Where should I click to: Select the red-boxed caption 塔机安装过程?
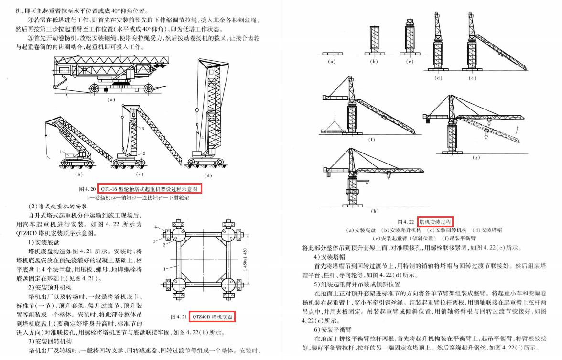435,221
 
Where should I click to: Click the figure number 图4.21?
179,317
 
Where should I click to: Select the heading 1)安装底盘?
44,241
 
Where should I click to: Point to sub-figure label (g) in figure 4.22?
476,157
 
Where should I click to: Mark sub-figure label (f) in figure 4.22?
371,140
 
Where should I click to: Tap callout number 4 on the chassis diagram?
156,226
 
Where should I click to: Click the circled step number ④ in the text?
31,20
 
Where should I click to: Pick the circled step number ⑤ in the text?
31,38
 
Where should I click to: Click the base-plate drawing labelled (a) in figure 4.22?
332,53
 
